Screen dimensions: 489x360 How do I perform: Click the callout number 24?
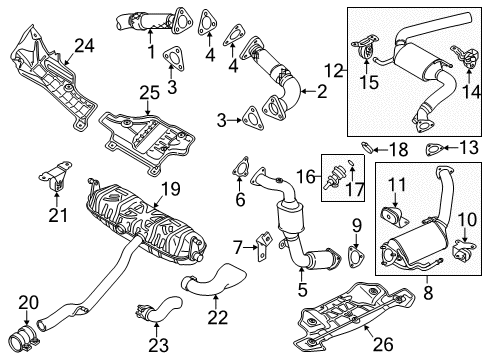pos(84,46)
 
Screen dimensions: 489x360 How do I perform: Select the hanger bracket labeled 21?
pos(55,177)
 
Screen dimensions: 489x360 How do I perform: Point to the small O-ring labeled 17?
pos(351,162)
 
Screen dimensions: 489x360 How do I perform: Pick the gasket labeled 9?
pos(356,256)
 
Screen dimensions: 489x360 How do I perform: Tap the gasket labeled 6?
pos(241,167)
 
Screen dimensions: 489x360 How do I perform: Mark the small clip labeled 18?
pos(367,147)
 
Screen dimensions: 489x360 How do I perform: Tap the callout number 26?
pos(383,344)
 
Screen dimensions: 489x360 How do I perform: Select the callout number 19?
pos(170,189)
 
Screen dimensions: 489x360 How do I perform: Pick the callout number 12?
pos(334,70)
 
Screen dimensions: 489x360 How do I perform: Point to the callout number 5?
pos(302,289)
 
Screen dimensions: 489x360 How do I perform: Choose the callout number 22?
pos(218,317)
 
